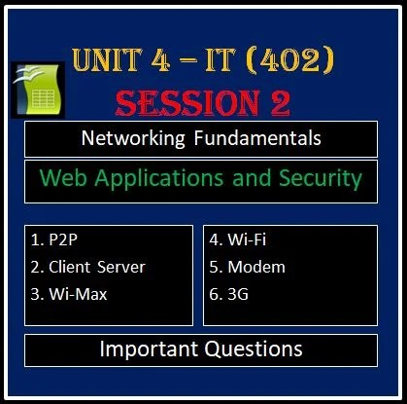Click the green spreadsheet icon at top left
35,94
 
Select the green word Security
313,178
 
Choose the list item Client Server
89,267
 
